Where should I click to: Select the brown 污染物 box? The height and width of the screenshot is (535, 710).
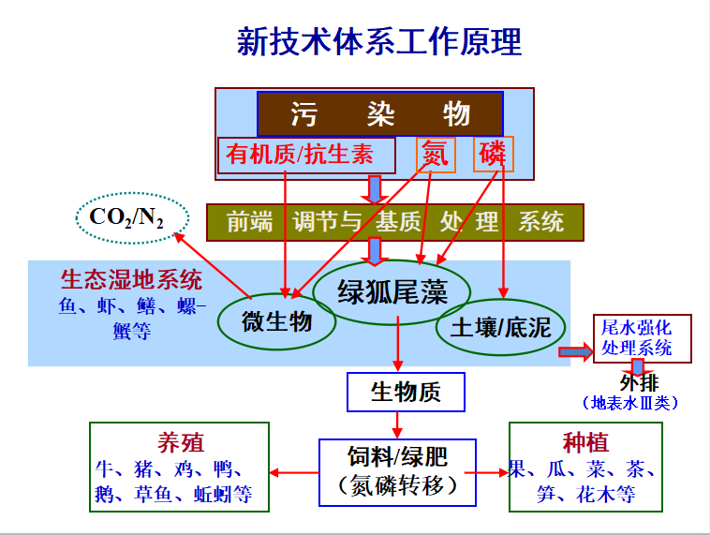(379, 114)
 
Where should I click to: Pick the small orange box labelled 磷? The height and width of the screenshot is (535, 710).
(493, 155)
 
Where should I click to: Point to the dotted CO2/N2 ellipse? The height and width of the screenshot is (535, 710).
(126, 217)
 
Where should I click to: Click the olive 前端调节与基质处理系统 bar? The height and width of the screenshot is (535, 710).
(394, 222)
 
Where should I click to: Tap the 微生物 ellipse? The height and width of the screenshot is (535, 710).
(276, 322)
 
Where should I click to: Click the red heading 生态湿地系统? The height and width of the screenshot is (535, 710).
(131, 280)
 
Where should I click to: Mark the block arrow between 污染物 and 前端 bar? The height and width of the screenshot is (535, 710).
(376, 189)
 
